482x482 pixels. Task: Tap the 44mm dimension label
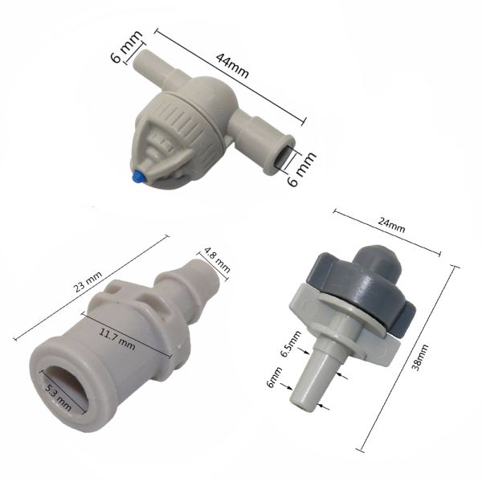point(232,66)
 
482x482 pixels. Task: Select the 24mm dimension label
point(391,226)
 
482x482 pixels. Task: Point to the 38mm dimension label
point(420,357)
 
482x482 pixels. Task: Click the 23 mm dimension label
point(88,282)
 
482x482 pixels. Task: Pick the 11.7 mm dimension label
point(117,340)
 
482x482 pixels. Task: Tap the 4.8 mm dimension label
point(217,260)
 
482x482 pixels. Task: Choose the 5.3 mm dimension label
point(59,397)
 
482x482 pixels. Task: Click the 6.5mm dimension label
point(291,345)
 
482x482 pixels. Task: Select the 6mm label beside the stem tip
point(274,377)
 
